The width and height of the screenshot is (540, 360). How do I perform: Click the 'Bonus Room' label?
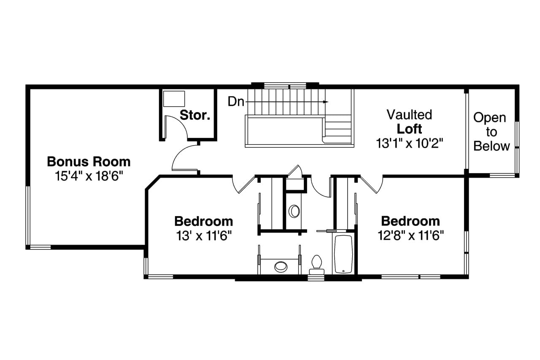[x=89, y=161]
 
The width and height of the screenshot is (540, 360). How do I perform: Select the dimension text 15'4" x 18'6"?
[x=89, y=176]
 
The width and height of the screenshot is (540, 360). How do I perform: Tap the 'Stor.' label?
[x=195, y=115]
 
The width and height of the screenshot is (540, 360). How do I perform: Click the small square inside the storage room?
[x=174, y=99]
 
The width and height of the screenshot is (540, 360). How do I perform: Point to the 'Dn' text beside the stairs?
[x=235, y=102]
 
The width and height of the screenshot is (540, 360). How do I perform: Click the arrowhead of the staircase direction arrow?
[x=326, y=102]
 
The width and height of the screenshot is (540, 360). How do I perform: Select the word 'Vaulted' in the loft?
[x=409, y=114]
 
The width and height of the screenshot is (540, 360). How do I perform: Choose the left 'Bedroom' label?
[x=203, y=221]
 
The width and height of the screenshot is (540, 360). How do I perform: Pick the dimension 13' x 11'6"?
[x=203, y=235]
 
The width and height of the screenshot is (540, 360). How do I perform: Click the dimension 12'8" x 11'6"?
[x=410, y=235]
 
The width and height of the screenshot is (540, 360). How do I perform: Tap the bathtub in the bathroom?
[x=343, y=254]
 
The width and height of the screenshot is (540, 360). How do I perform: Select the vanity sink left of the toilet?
[x=281, y=266]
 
